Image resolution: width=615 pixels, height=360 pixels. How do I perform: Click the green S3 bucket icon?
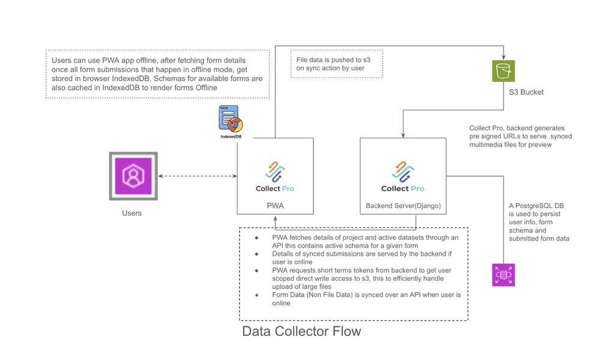pos(503,71)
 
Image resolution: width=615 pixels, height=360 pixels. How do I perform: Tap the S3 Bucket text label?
pos(523,93)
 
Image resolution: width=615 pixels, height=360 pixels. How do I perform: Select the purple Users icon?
pos(133,175)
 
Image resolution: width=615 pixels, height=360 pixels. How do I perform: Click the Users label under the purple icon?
pos(132,213)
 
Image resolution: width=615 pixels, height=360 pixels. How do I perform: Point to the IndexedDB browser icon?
pos(231,118)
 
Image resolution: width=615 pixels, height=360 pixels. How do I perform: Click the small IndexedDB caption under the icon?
pos(231,137)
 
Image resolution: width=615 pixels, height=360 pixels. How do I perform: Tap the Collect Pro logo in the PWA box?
pos(275,177)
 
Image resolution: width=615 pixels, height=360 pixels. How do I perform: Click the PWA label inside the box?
pos(275,206)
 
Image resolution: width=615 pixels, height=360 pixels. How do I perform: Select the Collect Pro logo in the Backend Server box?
pos(403,177)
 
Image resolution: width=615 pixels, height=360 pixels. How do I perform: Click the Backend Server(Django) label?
pos(403,206)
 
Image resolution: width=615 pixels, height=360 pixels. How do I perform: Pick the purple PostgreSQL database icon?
pos(503,275)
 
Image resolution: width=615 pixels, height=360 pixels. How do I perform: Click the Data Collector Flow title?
pos(301,331)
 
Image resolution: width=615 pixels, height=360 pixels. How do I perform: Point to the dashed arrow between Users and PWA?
pos(198,176)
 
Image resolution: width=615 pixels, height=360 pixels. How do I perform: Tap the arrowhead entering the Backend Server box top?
pos(403,135)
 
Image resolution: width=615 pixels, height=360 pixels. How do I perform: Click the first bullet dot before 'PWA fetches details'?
pos(257,238)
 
